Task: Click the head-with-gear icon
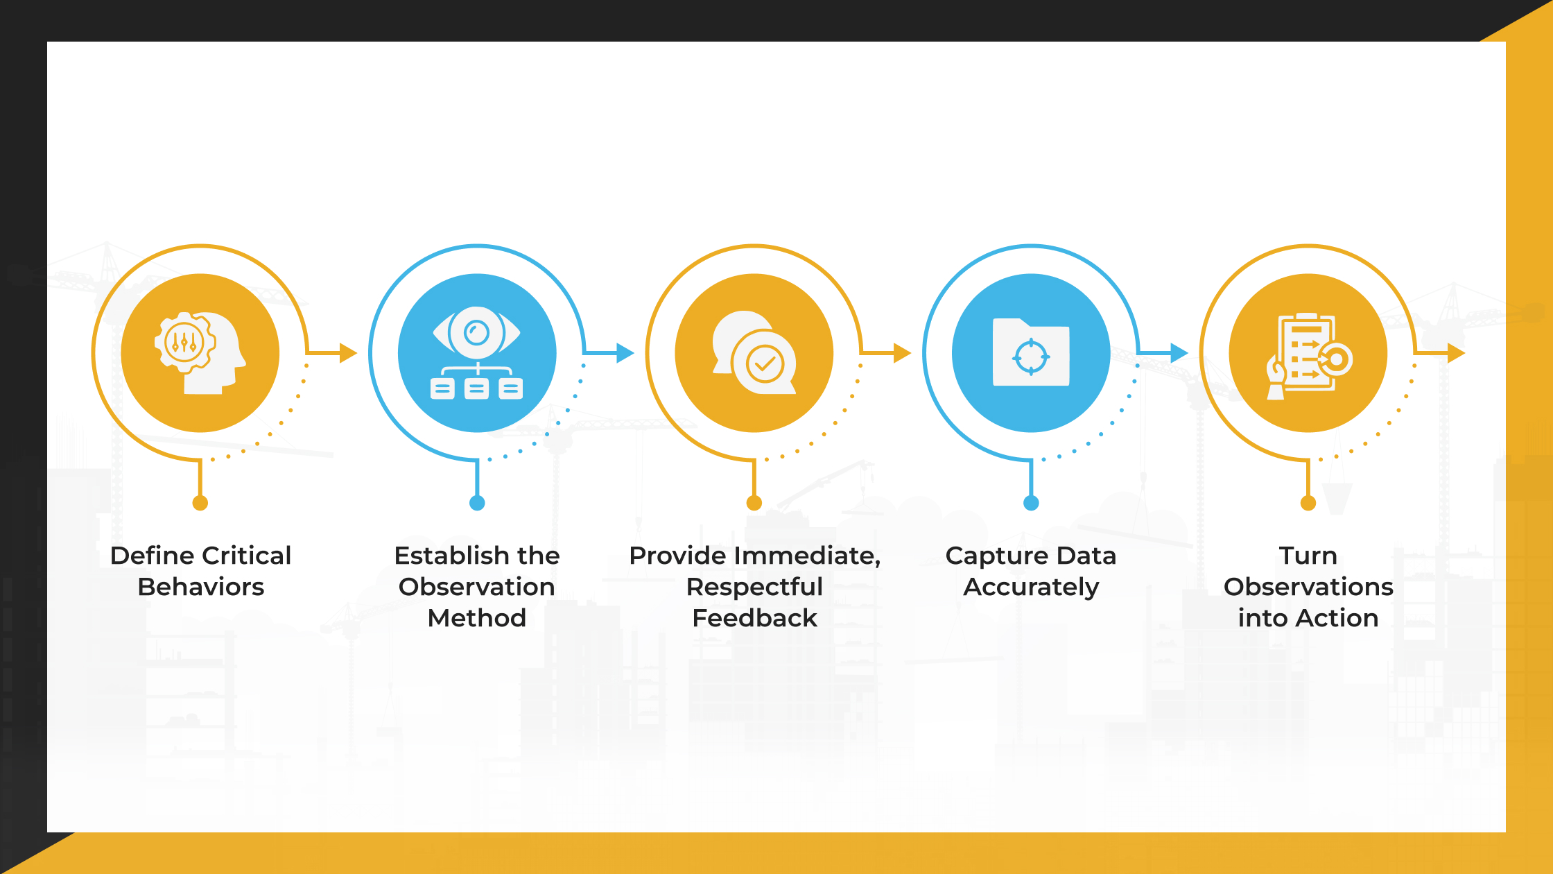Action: pos(200,353)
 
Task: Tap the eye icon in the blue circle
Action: pos(477,332)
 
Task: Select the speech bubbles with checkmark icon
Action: pos(754,352)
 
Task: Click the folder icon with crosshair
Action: pos(1031,352)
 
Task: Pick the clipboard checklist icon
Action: pos(1309,356)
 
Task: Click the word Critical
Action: pos(247,556)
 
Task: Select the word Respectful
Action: pos(754,587)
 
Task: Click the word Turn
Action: pos(1308,556)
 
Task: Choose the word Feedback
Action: pos(754,618)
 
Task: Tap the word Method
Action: pos(477,618)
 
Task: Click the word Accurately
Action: pos(1031,588)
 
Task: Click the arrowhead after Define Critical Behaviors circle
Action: pos(348,353)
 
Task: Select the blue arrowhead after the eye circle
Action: pos(625,353)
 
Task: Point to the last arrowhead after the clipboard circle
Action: pos(1456,353)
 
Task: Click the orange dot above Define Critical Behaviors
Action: pos(200,503)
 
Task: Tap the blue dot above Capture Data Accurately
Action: pos(1031,503)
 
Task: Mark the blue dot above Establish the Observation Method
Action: pos(477,503)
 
